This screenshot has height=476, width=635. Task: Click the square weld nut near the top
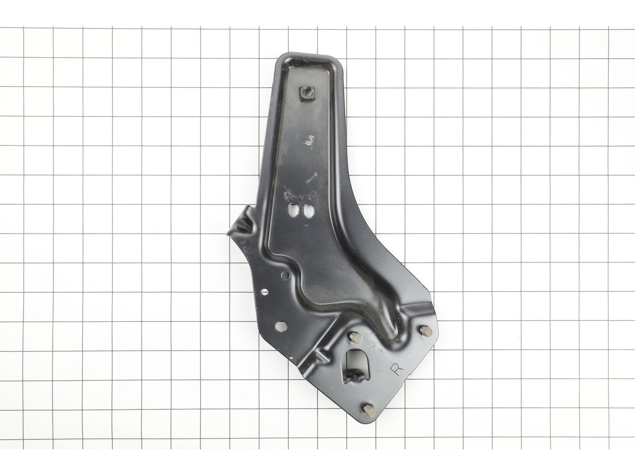pos(305,94)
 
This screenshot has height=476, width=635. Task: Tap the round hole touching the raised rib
pos(285,275)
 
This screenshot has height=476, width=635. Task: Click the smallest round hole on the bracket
pos(264,292)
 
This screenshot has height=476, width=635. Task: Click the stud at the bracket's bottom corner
pos(369,410)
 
